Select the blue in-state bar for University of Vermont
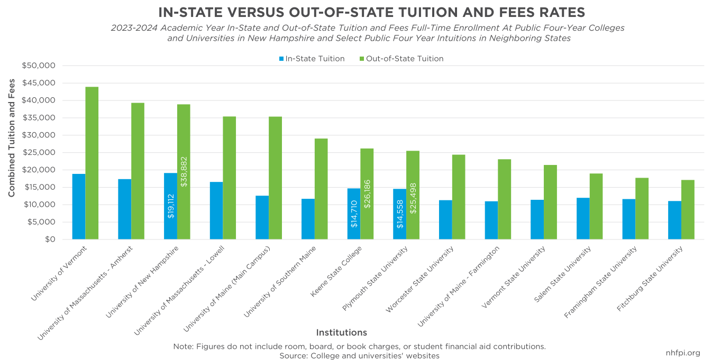click(79, 207)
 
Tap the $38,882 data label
click(184, 171)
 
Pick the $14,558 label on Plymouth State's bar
click(400, 214)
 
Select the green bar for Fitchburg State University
click(688, 209)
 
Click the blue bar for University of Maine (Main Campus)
click(262, 217)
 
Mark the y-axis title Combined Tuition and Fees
click(12, 138)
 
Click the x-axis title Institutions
click(341, 333)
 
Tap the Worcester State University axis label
click(421, 279)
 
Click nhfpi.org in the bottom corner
click(683, 353)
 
